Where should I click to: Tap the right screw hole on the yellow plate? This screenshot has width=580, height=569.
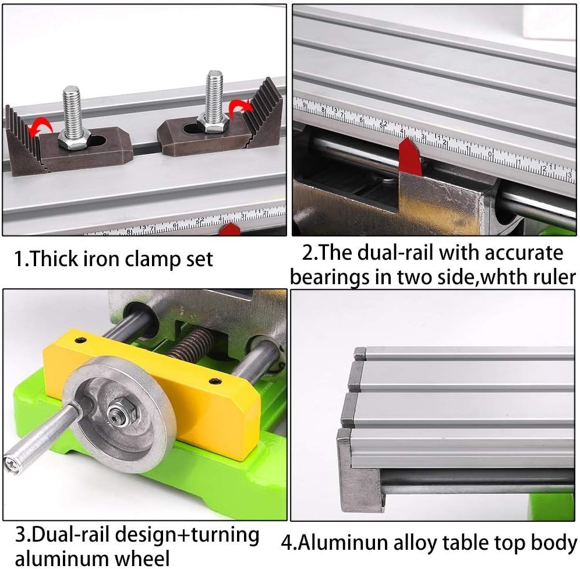click(215, 381)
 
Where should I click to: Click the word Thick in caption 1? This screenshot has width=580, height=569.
click(55, 258)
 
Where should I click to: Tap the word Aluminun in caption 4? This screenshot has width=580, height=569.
click(344, 542)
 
